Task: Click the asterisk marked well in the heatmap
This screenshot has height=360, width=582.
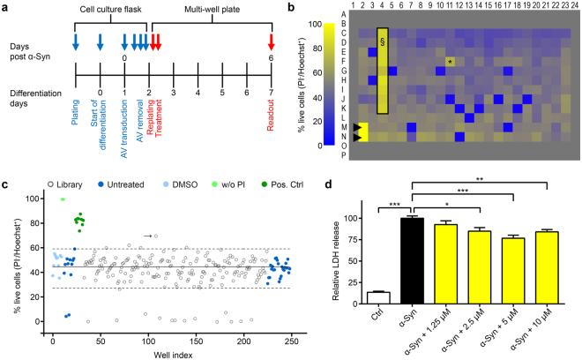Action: [x=450, y=62]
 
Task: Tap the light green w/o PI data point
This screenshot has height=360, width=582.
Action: [x=63, y=199]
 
